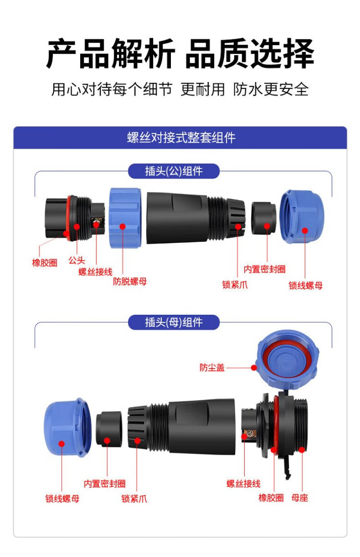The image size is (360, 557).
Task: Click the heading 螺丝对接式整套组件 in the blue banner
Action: pos(181,138)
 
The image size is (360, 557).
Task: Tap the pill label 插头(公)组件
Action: pos(174,171)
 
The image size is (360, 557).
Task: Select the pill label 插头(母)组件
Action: pos(174,322)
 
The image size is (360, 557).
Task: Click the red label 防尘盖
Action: pos(212,367)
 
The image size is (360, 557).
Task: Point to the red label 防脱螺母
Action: pos(130,281)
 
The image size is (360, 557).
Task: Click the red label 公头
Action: pos(77,261)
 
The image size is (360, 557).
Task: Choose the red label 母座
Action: pos(300,498)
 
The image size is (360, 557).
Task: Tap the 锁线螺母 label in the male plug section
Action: pos(306,285)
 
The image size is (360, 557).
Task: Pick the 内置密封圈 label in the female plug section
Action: pos(105,484)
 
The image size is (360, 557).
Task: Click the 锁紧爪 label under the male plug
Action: pos(235,284)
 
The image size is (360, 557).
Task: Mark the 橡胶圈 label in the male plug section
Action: pos(45,262)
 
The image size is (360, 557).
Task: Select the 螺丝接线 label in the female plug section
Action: pos(243,484)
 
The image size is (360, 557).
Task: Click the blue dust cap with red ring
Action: pos(288,359)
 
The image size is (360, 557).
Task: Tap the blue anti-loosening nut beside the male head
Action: pos(125,217)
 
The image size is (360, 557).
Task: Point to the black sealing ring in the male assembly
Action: pos(264,218)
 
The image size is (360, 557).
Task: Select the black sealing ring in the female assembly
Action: pos(109,430)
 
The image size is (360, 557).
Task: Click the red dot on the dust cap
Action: pos(254,367)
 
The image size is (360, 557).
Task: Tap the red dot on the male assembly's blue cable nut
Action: pos(305,231)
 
